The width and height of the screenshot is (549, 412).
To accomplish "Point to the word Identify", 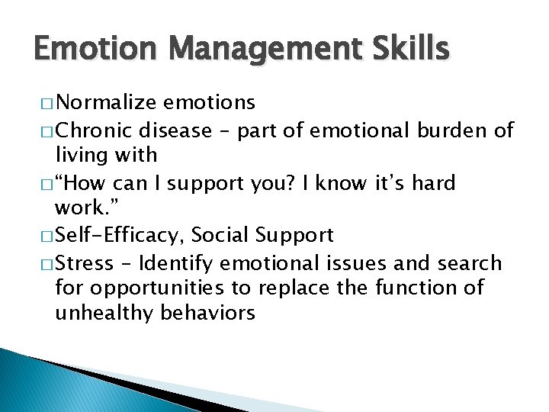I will (179, 264).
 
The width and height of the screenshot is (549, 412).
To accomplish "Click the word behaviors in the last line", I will (207, 313).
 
